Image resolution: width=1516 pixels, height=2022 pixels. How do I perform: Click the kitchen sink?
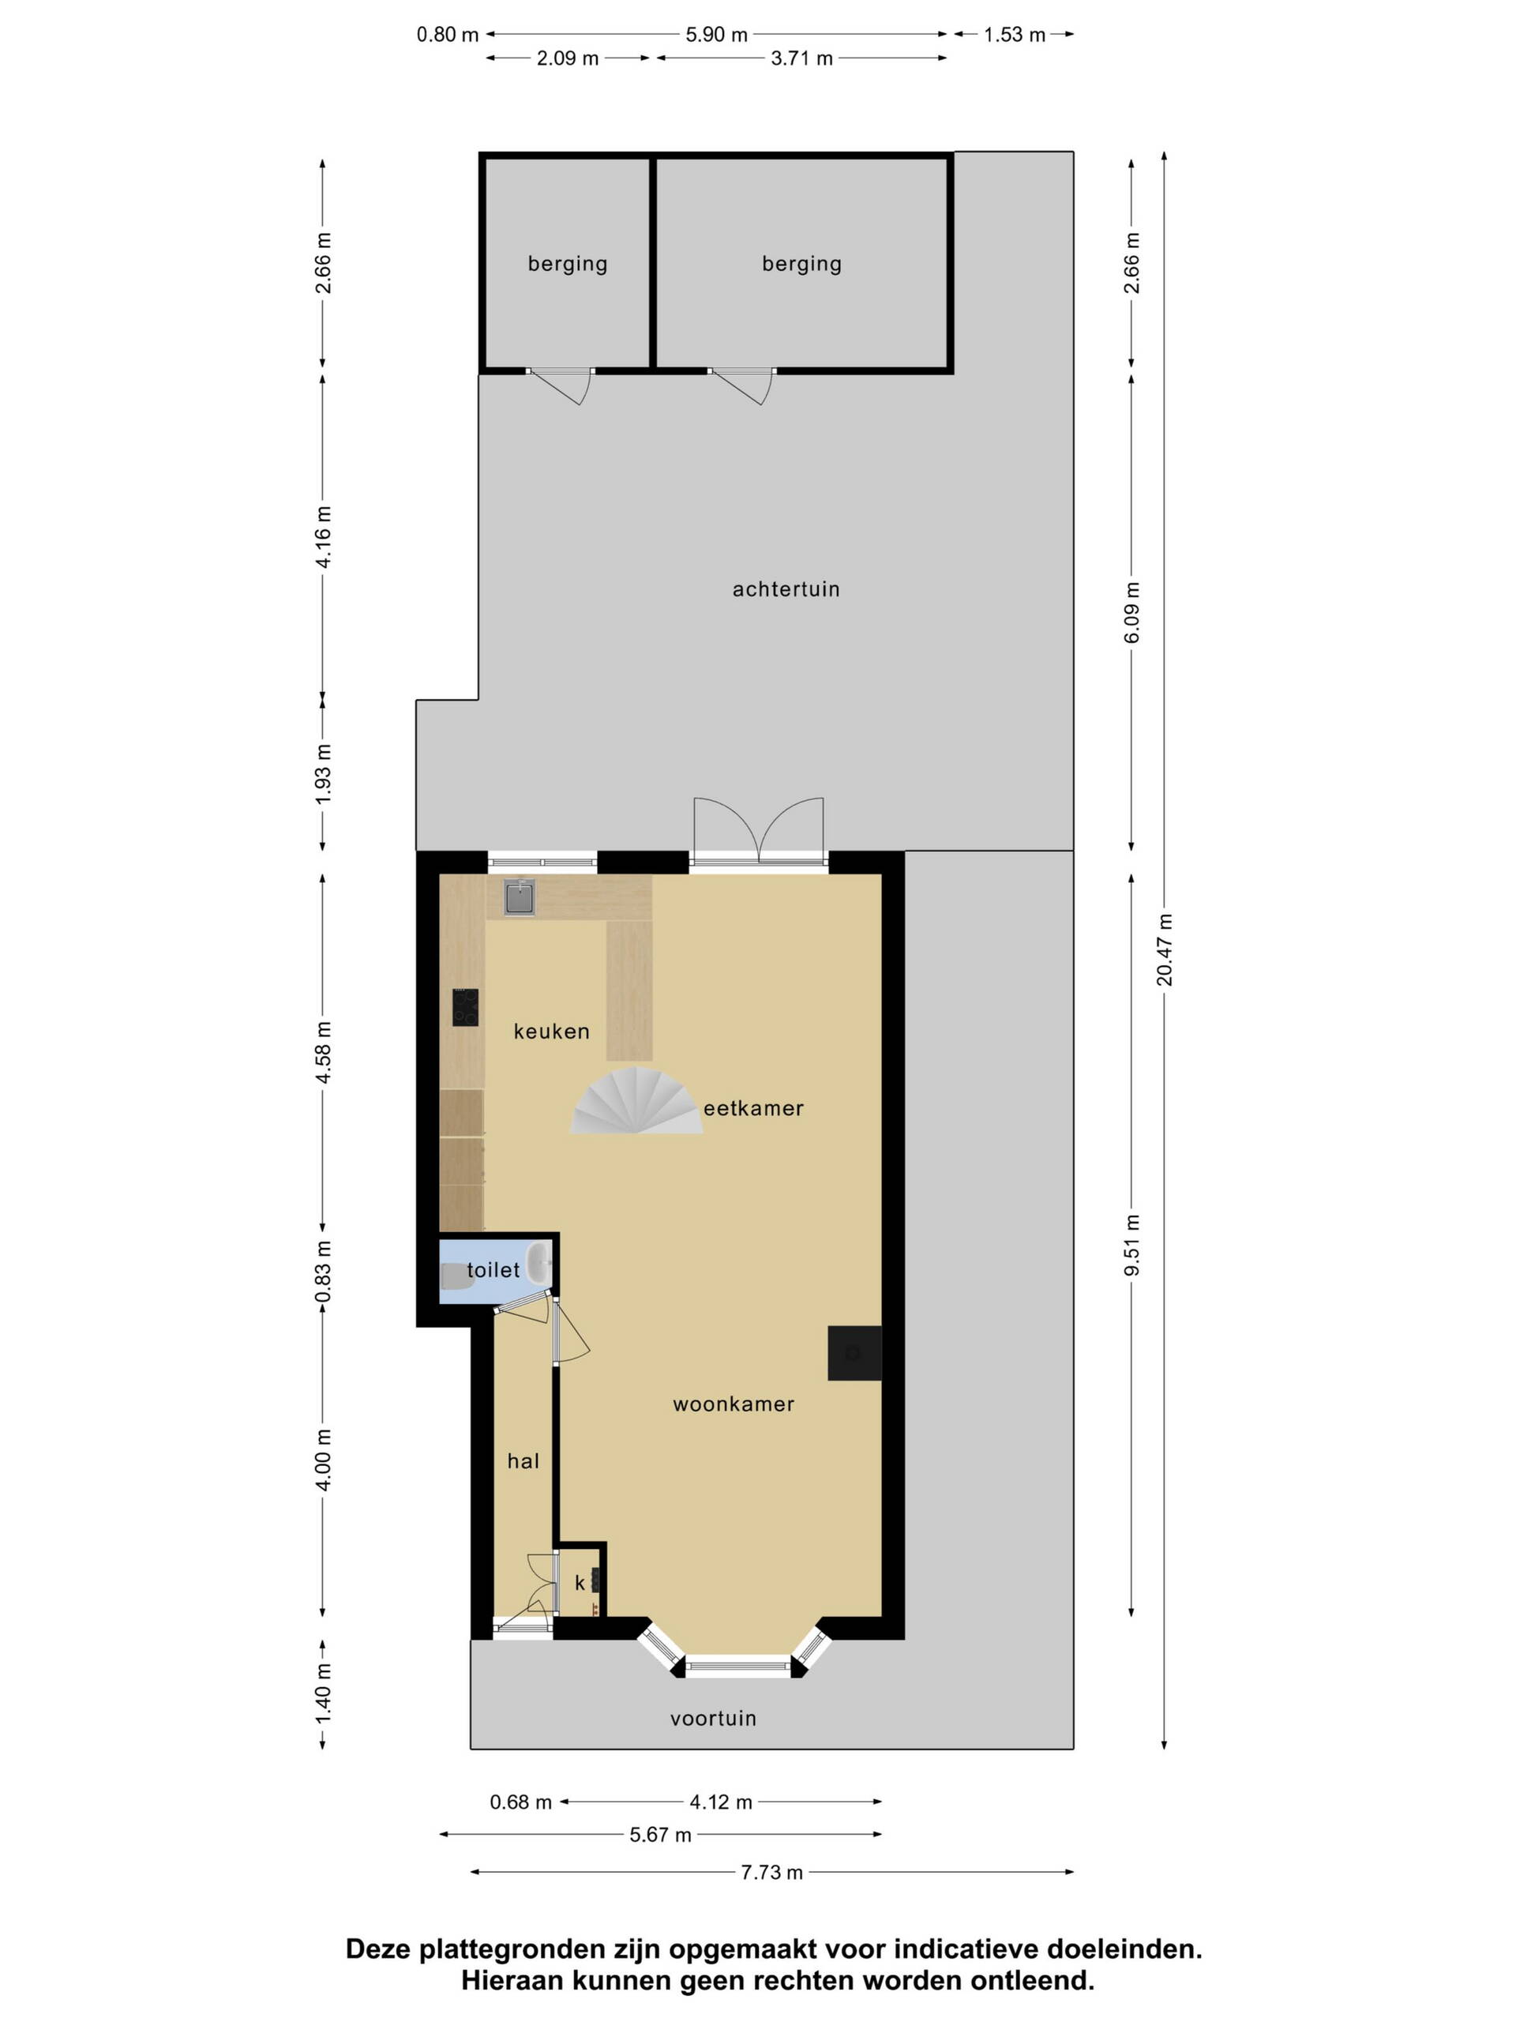519,896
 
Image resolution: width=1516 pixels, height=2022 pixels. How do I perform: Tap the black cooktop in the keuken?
465,1007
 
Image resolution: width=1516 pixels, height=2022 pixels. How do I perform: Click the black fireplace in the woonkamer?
854,1353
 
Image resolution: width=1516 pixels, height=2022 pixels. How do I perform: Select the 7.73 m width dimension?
772,1872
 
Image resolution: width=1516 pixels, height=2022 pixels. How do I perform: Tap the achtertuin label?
786,589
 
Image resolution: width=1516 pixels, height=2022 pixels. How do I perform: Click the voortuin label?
714,1719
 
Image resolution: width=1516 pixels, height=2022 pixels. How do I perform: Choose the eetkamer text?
754,1109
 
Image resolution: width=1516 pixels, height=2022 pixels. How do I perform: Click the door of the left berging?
560,385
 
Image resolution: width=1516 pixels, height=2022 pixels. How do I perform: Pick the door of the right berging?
741,385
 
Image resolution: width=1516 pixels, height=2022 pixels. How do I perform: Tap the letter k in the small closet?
580,1582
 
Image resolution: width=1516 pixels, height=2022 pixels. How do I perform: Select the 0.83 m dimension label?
323,1272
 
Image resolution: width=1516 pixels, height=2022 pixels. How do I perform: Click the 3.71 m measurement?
802,58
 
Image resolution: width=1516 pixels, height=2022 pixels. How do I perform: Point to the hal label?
523,1460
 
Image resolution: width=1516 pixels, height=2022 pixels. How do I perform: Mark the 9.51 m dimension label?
1132,1245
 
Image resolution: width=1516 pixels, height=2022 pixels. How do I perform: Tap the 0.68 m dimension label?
521,1802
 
